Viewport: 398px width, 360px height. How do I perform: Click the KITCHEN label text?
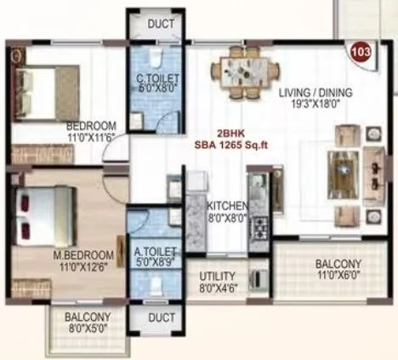point(227,206)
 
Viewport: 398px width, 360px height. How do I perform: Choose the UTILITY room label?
point(218,277)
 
